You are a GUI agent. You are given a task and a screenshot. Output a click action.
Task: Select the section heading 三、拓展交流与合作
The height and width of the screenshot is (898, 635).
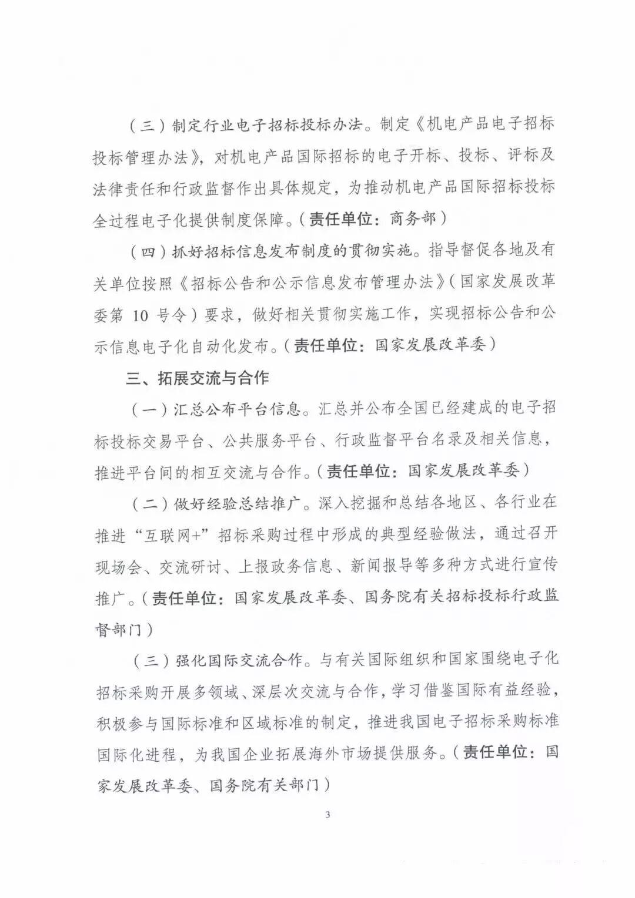tap(198, 377)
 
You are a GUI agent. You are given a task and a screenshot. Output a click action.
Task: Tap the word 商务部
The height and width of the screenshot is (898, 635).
tap(413, 218)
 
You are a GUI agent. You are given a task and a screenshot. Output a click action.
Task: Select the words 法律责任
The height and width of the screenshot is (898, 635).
tap(126, 187)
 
